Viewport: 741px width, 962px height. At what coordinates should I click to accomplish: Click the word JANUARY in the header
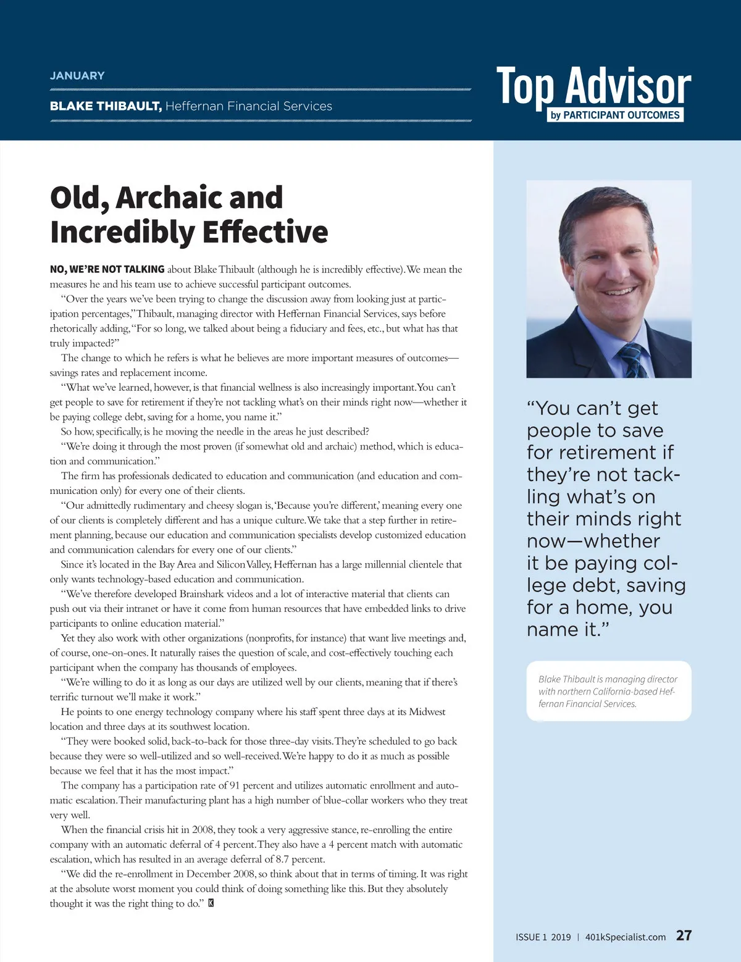(77, 75)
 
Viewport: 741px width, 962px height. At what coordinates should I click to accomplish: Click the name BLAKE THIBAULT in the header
(106, 106)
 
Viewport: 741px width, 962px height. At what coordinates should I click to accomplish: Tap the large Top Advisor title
(593, 86)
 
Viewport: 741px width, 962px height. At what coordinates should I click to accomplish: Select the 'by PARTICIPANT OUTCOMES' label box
(615, 115)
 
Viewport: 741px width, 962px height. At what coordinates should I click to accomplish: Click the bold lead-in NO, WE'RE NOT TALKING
(107, 269)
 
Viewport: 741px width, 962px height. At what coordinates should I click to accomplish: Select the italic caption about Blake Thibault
(608, 691)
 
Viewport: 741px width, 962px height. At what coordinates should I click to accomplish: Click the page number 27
(684, 935)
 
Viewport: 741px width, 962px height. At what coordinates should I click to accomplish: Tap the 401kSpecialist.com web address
(625, 937)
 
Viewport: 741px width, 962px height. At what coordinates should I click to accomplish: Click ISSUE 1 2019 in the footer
(543, 937)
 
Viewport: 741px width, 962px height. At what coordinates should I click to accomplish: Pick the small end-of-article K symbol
(211, 903)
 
